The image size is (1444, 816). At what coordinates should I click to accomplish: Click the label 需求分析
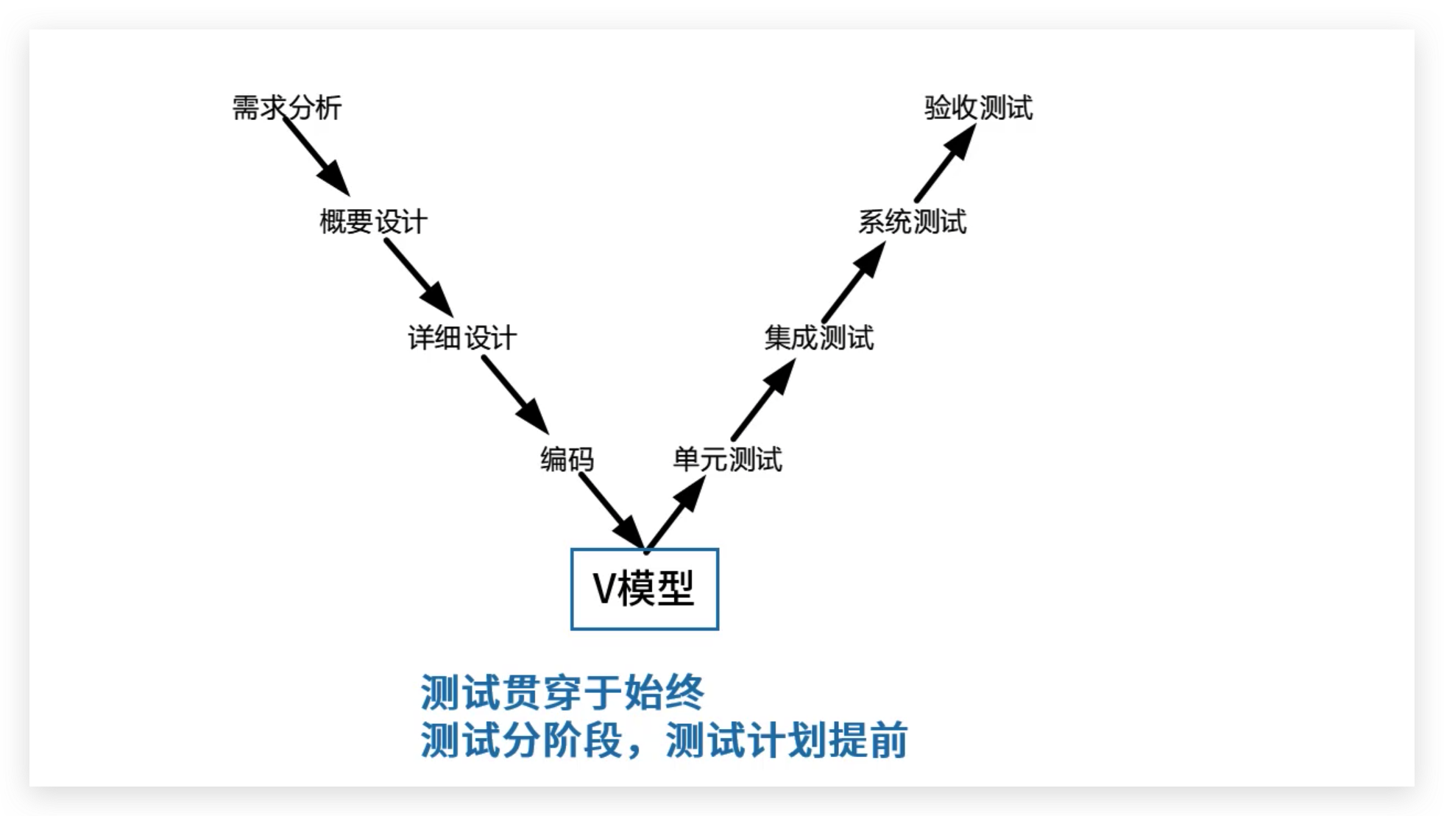click(287, 108)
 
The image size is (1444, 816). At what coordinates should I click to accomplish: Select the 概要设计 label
click(373, 222)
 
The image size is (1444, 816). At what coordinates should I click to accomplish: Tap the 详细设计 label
click(462, 338)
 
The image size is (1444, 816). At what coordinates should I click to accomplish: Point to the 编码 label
click(567, 460)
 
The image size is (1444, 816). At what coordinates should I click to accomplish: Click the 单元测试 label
click(727, 460)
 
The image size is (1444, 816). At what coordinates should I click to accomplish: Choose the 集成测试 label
click(818, 338)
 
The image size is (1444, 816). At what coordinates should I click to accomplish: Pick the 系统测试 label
click(912, 222)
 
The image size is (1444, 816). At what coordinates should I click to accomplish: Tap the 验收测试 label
click(978, 108)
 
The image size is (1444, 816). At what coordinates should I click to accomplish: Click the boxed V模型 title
click(645, 589)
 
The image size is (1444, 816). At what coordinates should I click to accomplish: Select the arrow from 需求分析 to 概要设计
click(316, 157)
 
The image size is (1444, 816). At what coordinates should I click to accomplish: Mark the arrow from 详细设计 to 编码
click(515, 395)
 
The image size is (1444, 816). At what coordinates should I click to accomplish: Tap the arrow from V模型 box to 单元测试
click(675, 514)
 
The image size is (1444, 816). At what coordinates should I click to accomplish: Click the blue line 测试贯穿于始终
click(562, 692)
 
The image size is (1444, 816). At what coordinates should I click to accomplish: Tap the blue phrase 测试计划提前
click(786, 740)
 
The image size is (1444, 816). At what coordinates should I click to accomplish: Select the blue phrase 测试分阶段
click(521, 740)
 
